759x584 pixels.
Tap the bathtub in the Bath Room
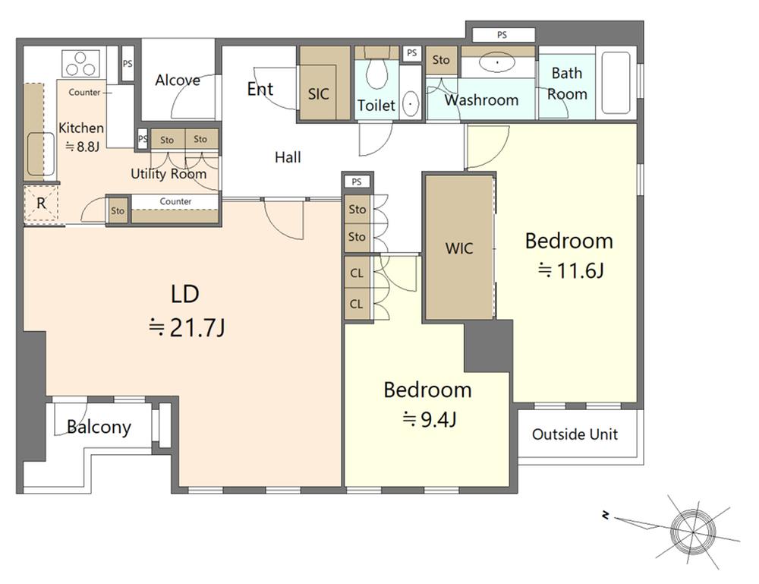tap(616, 82)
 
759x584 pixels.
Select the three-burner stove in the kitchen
tap(80, 64)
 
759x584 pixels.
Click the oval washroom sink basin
tap(497, 62)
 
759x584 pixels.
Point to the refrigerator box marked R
tap(41, 204)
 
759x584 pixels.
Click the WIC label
tap(459, 248)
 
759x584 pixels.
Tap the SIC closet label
tap(319, 94)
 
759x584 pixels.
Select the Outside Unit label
tap(575, 434)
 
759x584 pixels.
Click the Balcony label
tap(99, 427)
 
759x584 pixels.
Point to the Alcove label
tap(178, 80)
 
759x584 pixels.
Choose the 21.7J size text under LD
tap(187, 328)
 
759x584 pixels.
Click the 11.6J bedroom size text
tap(572, 270)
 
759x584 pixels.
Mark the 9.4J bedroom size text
tap(430, 419)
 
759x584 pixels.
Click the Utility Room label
tap(168, 173)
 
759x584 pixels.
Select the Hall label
tap(288, 157)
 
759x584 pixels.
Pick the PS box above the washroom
tap(503, 35)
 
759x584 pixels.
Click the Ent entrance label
tap(260, 89)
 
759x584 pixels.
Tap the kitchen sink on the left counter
tap(41, 153)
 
